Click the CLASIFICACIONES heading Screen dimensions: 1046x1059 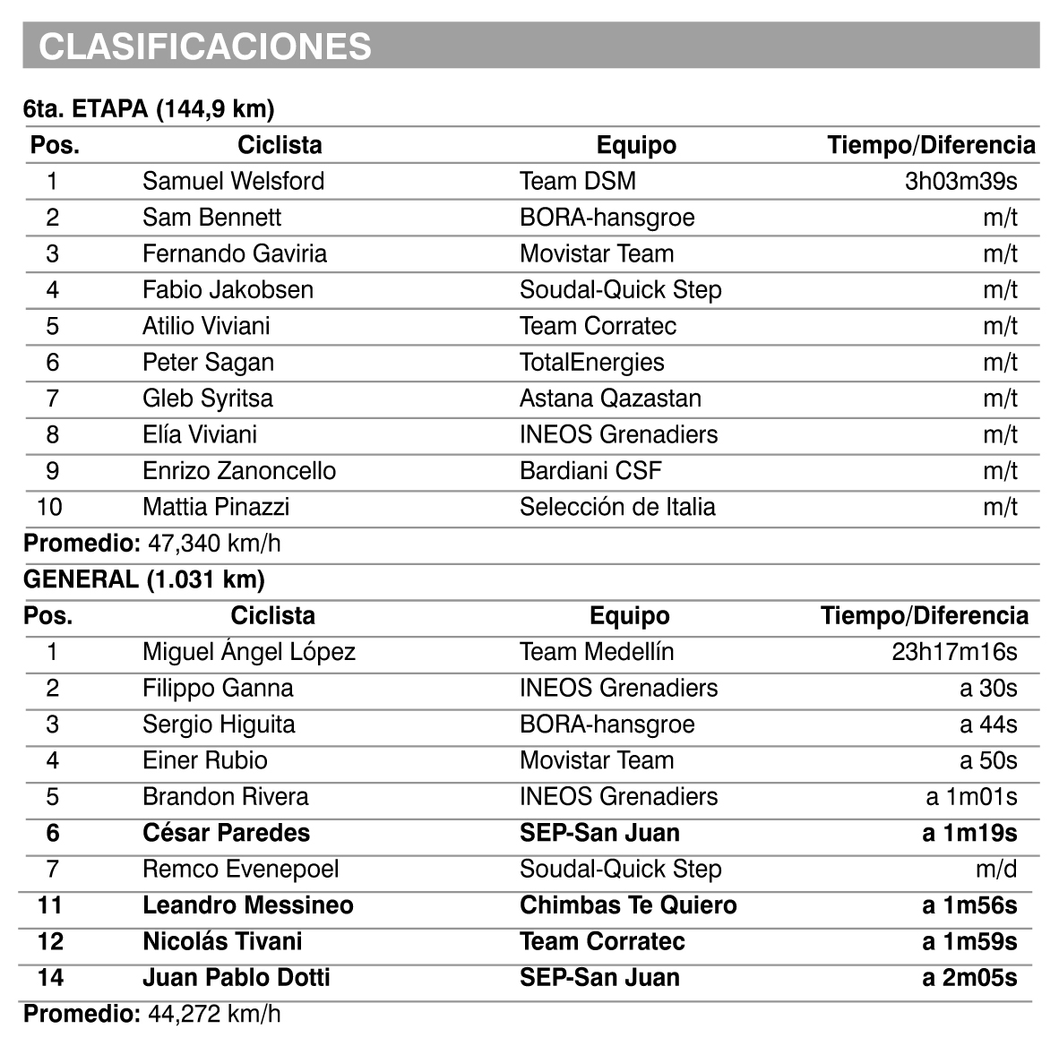tap(205, 47)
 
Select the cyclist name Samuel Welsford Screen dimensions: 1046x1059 tap(233, 181)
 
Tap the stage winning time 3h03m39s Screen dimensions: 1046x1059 tap(960, 181)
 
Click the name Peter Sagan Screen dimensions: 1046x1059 tap(208, 362)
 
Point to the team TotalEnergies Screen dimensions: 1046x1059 tap(591, 362)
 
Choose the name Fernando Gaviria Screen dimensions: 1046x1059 tap(235, 253)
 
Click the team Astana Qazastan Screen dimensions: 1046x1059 tap(610, 399)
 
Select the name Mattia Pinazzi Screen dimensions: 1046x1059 tap(216, 507)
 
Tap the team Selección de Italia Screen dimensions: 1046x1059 tap(617, 507)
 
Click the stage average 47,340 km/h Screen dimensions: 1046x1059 tap(214, 544)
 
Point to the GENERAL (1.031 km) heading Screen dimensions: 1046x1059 tap(144, 579)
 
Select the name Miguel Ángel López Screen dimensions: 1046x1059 tap(249, 652)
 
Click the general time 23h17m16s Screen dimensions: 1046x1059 tap(954, 652)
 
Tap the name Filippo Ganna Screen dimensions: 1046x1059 tap(218, 688)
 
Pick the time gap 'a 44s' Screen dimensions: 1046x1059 tap(988, 724)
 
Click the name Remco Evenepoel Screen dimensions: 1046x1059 tap(240, 869)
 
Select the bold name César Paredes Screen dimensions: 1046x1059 tap(226, 833)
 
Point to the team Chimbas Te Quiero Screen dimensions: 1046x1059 tap(628, 905)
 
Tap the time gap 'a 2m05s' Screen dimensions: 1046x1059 tap(969, 978)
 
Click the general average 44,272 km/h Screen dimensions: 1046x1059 tap(214, 1014)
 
